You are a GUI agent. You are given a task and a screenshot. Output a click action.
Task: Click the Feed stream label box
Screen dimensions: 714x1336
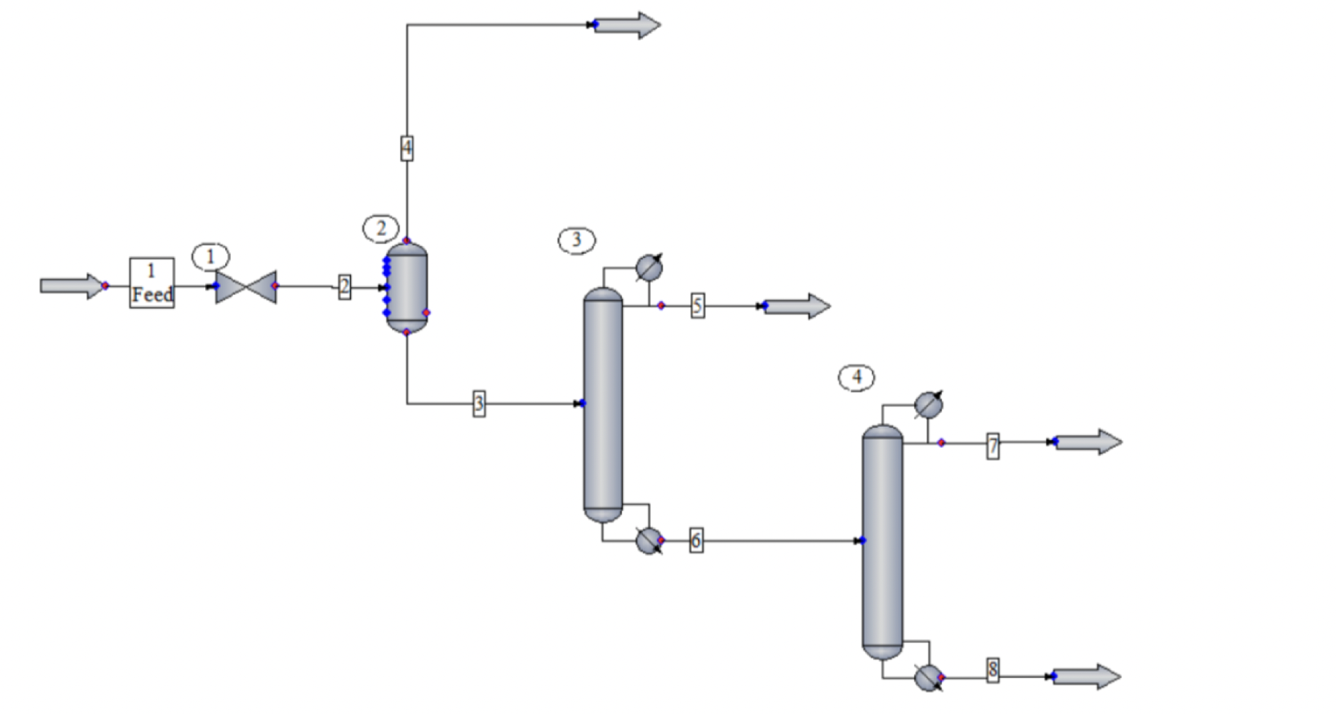point(152,283)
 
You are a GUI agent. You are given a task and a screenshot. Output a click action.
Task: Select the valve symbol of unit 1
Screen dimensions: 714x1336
point(245,286)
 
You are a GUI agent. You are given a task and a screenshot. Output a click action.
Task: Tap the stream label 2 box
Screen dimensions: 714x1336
point(344,286)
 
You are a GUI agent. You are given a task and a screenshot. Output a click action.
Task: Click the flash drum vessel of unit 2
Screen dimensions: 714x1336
point(407,286)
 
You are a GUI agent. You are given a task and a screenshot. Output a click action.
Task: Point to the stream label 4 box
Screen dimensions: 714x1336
point(407,148)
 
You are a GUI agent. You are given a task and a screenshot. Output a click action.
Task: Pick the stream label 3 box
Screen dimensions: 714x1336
point(478,403)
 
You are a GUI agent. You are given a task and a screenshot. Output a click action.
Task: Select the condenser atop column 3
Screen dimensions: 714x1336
point(649,268)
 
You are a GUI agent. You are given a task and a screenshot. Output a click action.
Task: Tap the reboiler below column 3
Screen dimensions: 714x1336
point(649,540)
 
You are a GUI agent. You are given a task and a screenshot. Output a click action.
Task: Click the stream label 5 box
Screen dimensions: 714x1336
point(697,306)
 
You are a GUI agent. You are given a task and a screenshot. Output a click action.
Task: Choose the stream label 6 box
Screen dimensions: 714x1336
point(696,540)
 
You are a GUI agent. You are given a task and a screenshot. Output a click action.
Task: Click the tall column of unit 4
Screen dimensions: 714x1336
point(882,542)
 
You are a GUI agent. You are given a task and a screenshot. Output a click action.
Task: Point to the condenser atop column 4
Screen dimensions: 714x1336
point(928,405)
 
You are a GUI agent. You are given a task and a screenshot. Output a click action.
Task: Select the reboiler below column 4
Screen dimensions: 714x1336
point(928,676)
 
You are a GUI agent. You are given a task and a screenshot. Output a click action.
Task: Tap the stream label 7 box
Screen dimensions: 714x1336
point(993,446)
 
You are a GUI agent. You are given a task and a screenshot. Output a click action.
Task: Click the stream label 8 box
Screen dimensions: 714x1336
point(993,670)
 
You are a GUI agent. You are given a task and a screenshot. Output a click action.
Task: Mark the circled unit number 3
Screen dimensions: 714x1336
point(576,241)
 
